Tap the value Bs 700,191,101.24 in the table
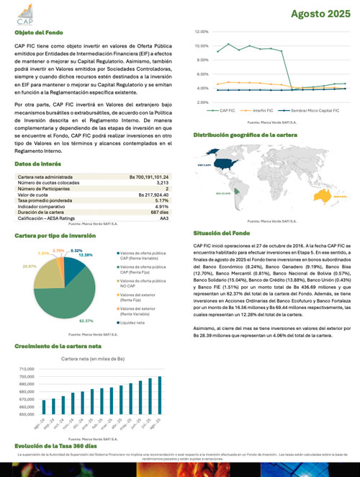pyautogui.click(x=148, y=177)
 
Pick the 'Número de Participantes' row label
pyautogui.click(x=45, y=188)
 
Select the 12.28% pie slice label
pyautogui.click(x=86, y=255)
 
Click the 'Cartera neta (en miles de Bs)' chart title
pyautogui.click(x=93, y=357)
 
